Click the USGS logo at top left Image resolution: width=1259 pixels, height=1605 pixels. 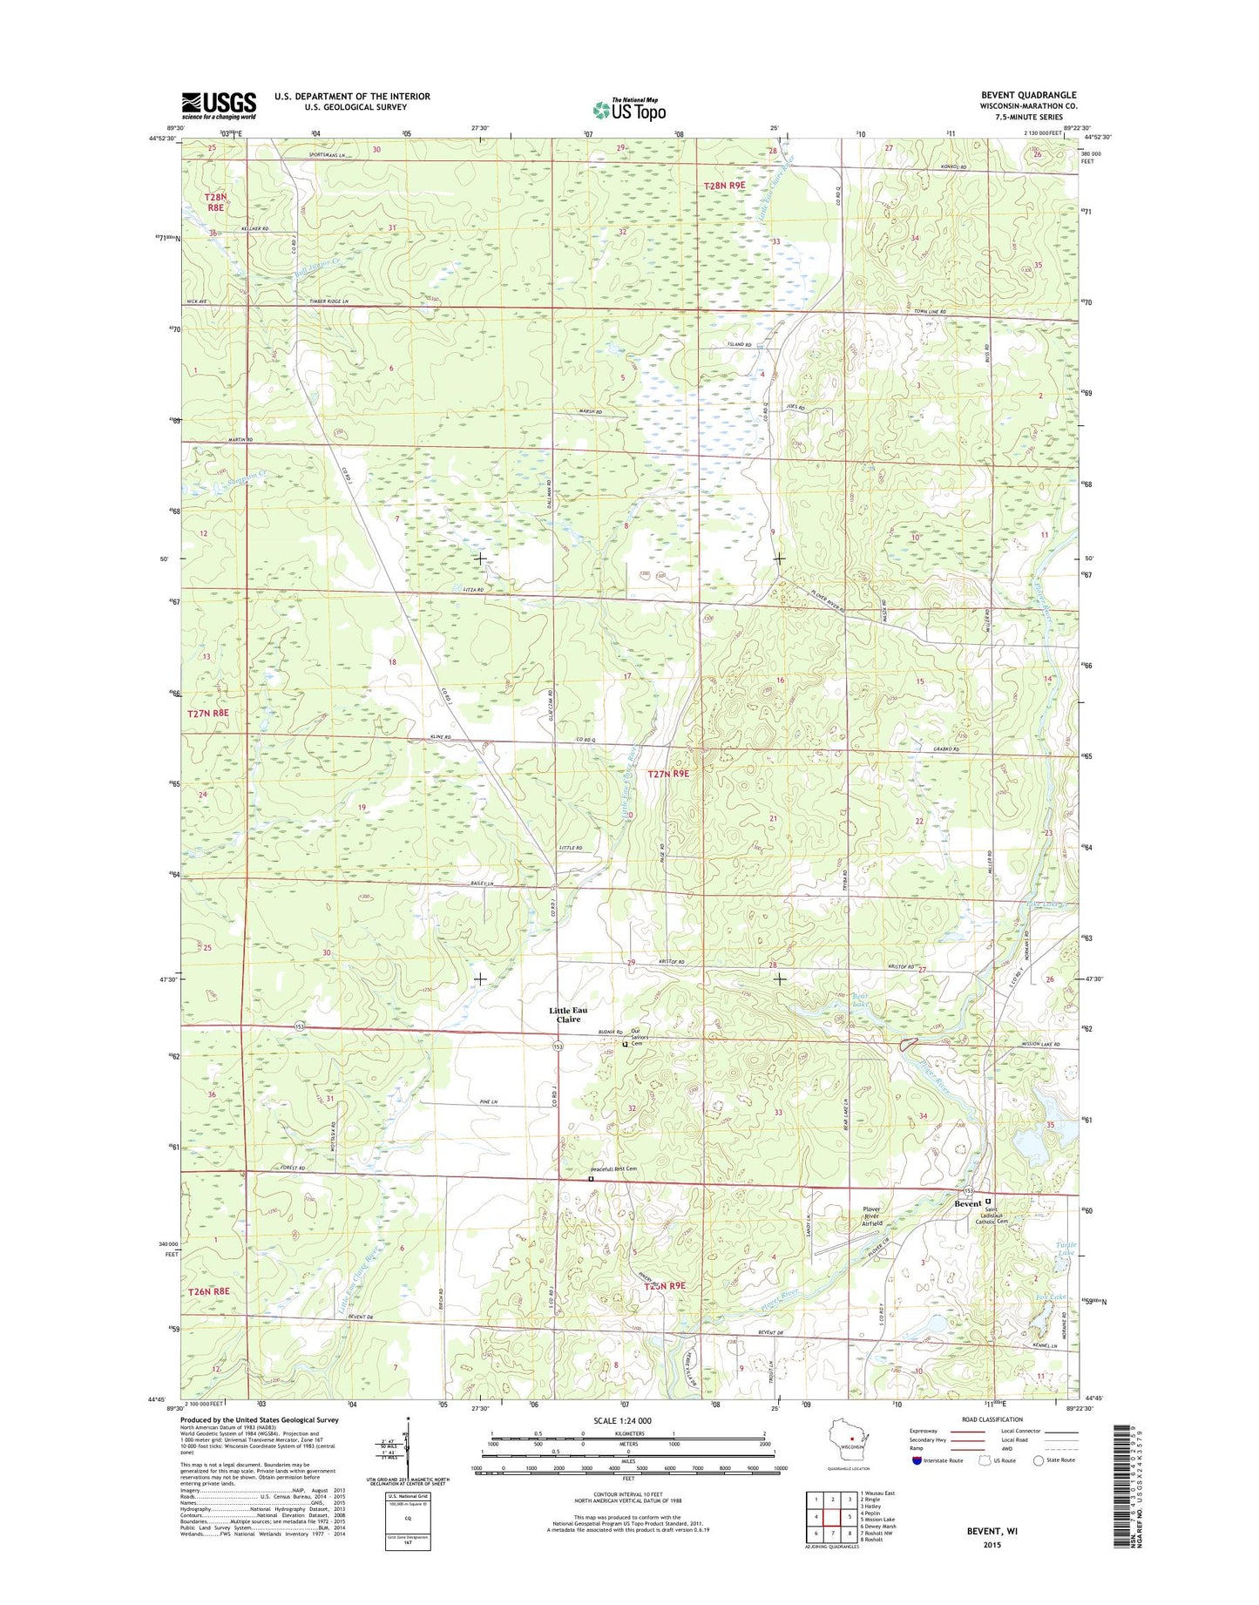tap(219, 105)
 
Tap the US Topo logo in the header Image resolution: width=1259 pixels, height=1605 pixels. tap(629, 109)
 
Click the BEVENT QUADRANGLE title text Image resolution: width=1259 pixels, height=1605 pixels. tap(1028, 95)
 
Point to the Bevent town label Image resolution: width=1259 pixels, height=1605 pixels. tap(967, 1203)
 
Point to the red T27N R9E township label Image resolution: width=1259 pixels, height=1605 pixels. tap(668, 773)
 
